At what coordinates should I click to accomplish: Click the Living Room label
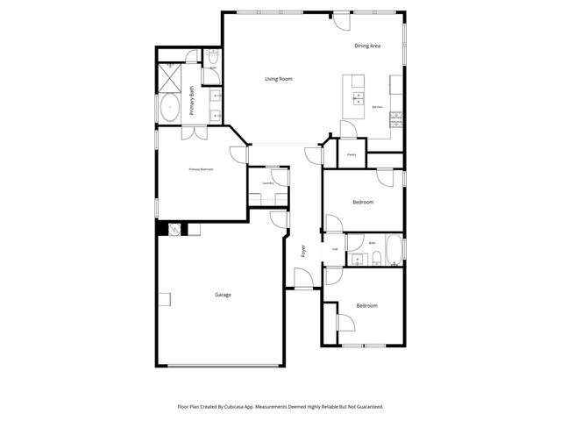(x=279, y=79)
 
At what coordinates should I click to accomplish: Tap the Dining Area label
(x=367, y=45)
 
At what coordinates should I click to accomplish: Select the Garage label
(x=224, y=295)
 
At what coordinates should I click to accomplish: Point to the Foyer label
(x=304, y=251)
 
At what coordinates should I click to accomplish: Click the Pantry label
(x=351, y=154)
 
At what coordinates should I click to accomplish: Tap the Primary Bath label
(x=192, y=95)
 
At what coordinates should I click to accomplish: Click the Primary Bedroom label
(x=201, y=168)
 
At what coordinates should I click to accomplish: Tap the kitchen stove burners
(x=396, y=113)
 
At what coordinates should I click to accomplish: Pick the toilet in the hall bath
(x=375, y=257)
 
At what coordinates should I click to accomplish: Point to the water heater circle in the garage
(x=174, y=230)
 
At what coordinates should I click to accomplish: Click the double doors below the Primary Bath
(x=195, y=134)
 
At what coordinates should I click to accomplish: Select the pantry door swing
(x=348, y=145)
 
